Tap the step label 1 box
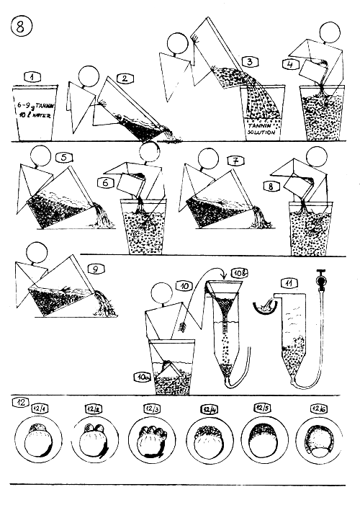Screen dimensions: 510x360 pos(32,76)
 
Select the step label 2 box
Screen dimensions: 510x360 pos(125,78)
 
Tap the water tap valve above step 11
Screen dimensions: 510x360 pos(318,276)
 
